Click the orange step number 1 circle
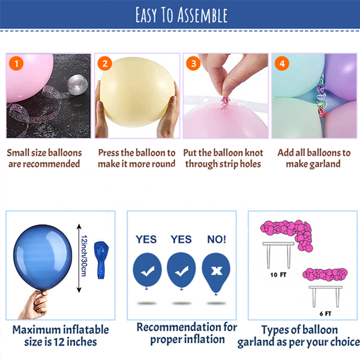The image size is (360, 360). point(16,64)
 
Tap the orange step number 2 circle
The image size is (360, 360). point(105,64)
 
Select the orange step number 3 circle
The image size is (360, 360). point(194,64)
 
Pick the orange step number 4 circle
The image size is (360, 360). point(282,64)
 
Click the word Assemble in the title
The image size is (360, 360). point(203,15)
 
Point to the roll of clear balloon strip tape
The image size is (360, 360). point(77,84)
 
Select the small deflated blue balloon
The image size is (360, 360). point(101,260)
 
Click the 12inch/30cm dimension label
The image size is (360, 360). point(84,256)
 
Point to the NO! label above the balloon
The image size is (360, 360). point(217,239)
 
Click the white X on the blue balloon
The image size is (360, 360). point(217,271)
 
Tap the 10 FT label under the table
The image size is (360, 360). point(278,275)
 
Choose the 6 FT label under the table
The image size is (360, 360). point(325,314)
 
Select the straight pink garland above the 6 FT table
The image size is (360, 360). point(325,274)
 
